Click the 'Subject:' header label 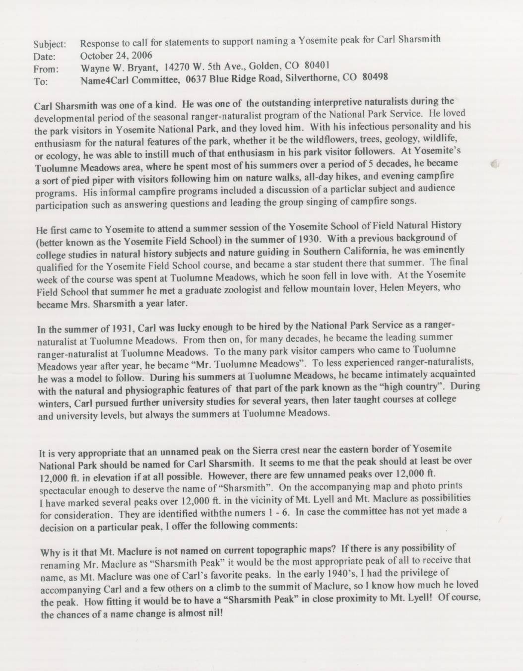[x=46, y=44]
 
